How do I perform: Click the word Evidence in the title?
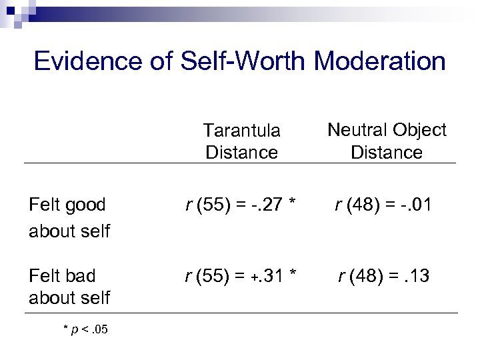pos(87,61)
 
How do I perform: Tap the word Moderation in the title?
pos(379,61)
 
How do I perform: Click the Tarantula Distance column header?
pos(241,141)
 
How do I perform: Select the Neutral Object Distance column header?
pos(387,141)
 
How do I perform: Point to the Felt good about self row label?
pos(69,217)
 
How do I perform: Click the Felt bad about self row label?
pos(69,286)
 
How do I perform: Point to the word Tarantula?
pos(241,130)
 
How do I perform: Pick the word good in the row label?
pos(89,206)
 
